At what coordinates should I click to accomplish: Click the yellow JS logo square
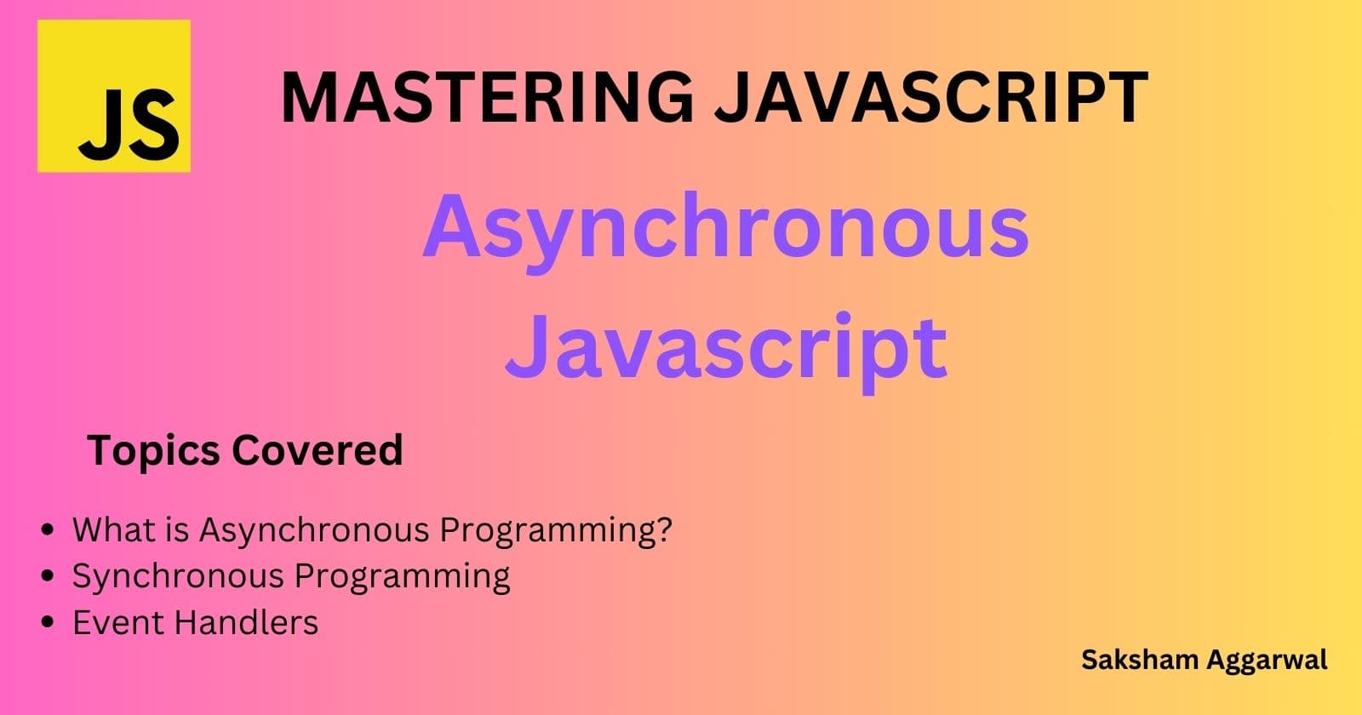(x=114, y=96)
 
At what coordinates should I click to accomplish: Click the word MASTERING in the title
(x=487, y=97)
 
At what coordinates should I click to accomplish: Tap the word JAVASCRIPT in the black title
(x=931, y=97)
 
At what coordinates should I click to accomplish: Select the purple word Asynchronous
(x=726, y=232)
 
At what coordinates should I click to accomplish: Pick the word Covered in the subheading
(x=318, y=450)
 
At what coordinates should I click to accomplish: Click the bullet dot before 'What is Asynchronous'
(x=48, y=529)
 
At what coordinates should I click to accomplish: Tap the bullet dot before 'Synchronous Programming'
(x=48, y=575)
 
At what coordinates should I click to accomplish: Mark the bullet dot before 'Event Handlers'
(x=48, y=622)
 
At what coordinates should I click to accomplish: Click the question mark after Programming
(x=663, y=529)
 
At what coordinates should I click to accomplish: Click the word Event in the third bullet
(x=119, y=622)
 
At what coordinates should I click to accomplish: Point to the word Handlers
(x=247, y=622)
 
